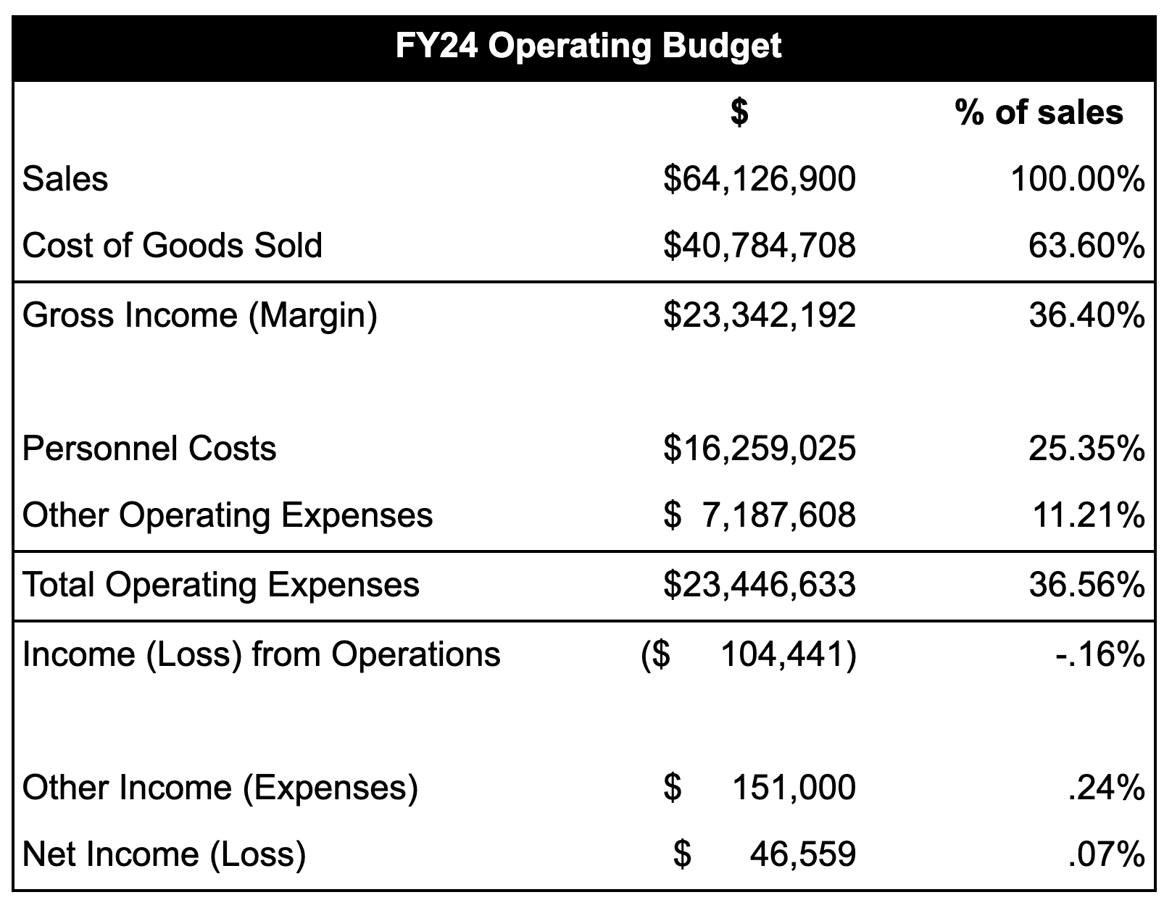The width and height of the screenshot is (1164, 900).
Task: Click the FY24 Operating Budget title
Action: coord(588,47)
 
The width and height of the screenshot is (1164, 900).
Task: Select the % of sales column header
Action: coord(1039,112)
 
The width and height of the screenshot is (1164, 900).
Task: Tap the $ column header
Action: coord(739,112)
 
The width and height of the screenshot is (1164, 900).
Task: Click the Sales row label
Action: coord(65,179)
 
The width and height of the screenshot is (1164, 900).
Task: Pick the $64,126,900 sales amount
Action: coord(759,179)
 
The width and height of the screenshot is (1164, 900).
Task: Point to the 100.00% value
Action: coord(1077,179)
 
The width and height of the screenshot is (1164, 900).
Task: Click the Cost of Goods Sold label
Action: coord(172,246)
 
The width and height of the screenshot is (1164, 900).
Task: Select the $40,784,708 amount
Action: coord(759,246)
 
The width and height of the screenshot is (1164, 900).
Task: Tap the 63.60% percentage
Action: coord(1086,246)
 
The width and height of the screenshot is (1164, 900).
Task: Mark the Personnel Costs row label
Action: coord(149,449)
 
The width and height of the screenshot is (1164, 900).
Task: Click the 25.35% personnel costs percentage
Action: coord(1086,449)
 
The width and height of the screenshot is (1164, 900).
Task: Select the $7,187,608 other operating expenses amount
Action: coord(759,515)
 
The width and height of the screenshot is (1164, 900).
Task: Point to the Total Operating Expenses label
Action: coord(221,585)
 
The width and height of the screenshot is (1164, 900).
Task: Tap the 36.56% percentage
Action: coord(1086,585)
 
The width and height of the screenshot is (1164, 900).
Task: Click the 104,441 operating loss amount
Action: coord(787,654)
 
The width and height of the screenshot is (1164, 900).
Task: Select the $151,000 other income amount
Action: coord(759,787)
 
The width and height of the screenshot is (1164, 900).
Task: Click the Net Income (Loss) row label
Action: coord(165,854)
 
